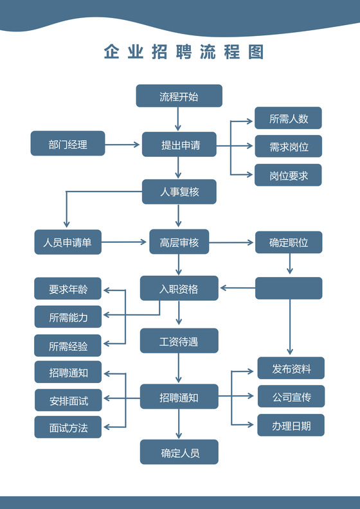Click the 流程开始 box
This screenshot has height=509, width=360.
[179, 96]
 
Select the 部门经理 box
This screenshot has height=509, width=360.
[67, 143]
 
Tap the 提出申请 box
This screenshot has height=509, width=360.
[179, 144]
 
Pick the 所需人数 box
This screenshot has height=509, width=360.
[288, 118]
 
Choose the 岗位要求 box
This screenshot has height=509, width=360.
[288, 175]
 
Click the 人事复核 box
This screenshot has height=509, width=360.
[179, 192]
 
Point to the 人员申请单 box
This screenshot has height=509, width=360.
[67, 242]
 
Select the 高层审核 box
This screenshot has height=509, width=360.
[179, 242]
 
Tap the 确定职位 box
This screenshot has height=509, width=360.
[289, 242]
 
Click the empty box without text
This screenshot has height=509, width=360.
[289, 288]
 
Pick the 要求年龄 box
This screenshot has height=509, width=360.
[67, 289]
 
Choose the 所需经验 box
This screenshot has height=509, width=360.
[67, 346]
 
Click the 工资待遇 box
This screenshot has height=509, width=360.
[179, 341]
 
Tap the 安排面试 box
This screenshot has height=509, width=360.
[67, 400]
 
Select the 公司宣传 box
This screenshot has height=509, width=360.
[291, 397]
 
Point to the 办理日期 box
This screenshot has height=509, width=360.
[291, 425]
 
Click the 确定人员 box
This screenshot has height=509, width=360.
[179, 452]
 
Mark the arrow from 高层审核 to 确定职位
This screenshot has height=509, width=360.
[232, 242]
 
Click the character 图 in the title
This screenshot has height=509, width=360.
[256, 52]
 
